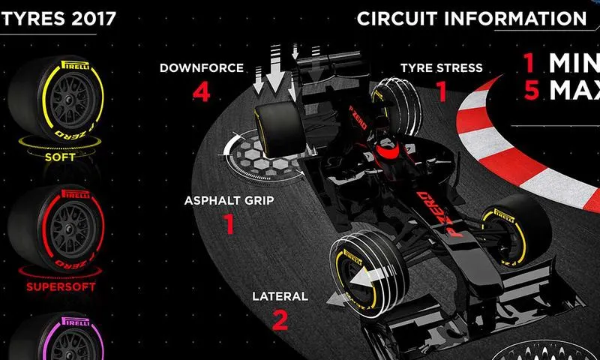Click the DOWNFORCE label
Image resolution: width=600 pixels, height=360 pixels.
(x=202, y=67)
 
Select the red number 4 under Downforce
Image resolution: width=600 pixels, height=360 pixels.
(x=201, y=92)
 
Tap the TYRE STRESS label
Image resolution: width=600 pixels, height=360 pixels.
(x=442, y=67)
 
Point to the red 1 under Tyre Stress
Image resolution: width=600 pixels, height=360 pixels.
(x=442, y=91)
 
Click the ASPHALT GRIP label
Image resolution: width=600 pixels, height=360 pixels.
(x=229, y=200)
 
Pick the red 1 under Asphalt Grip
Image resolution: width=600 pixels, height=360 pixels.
(x=229, y=223)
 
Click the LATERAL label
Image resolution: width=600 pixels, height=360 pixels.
(x=280, y=296)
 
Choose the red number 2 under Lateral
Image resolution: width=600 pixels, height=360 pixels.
(x=280, y=320)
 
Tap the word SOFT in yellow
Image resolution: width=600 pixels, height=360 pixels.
(x=60, y=157)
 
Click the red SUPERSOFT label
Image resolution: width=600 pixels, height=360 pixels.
(x=61, y=286)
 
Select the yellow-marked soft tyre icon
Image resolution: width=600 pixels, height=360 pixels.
(x=56, y=100)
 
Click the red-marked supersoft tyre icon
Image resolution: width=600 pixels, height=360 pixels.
(x=56, y=229)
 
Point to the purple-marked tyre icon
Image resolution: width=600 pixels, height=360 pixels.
(x=56, y=337)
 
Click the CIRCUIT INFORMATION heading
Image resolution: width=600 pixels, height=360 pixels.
(x=472, y=18)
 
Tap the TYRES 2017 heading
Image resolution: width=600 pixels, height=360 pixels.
(x=58, y=18)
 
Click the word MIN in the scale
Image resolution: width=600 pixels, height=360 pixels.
(x=574, y=63)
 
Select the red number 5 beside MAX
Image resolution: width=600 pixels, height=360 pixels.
(x=532, y=90)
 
